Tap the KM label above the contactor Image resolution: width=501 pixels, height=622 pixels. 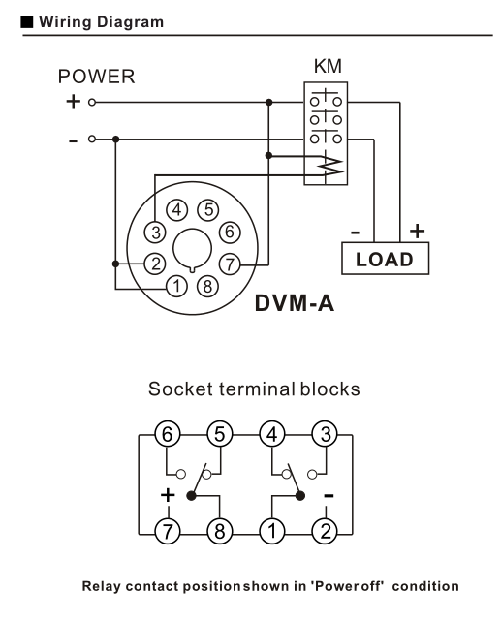(x=328, y=66)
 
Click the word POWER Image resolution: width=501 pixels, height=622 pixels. (x=96, y=77)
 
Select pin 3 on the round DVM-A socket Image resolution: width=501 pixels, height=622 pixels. (x=155, y=233)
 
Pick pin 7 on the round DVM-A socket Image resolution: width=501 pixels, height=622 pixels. (x=230, y=264)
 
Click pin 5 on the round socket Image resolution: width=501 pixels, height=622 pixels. (x=208, y=210)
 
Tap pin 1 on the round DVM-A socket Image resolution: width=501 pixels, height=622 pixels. (x=176, y=286)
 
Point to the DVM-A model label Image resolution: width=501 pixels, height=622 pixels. (x=295, y=303)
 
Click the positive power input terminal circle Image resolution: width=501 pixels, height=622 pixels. (x=92, y=103)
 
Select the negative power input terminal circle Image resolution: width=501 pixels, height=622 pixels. (x=92, y=140)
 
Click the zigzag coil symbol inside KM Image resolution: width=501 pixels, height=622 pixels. (x=332, y=165)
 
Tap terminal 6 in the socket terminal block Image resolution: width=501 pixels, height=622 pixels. (x=167, y=434)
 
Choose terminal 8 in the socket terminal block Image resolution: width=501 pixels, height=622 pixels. (x=219, y=532)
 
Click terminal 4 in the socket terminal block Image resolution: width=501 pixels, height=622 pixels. (x=272, y=434)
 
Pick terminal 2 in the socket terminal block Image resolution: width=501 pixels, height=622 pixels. (x=326, y=532)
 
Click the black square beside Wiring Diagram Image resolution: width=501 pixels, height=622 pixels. (x=26, y=22)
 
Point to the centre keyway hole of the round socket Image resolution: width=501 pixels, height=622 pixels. (x=193, y=249)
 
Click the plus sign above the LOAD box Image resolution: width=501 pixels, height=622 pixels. (x=417, y=231)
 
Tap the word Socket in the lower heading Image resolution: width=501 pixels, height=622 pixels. (x=180, y=389)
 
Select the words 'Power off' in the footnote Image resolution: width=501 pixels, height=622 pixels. (x=349, y=586)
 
